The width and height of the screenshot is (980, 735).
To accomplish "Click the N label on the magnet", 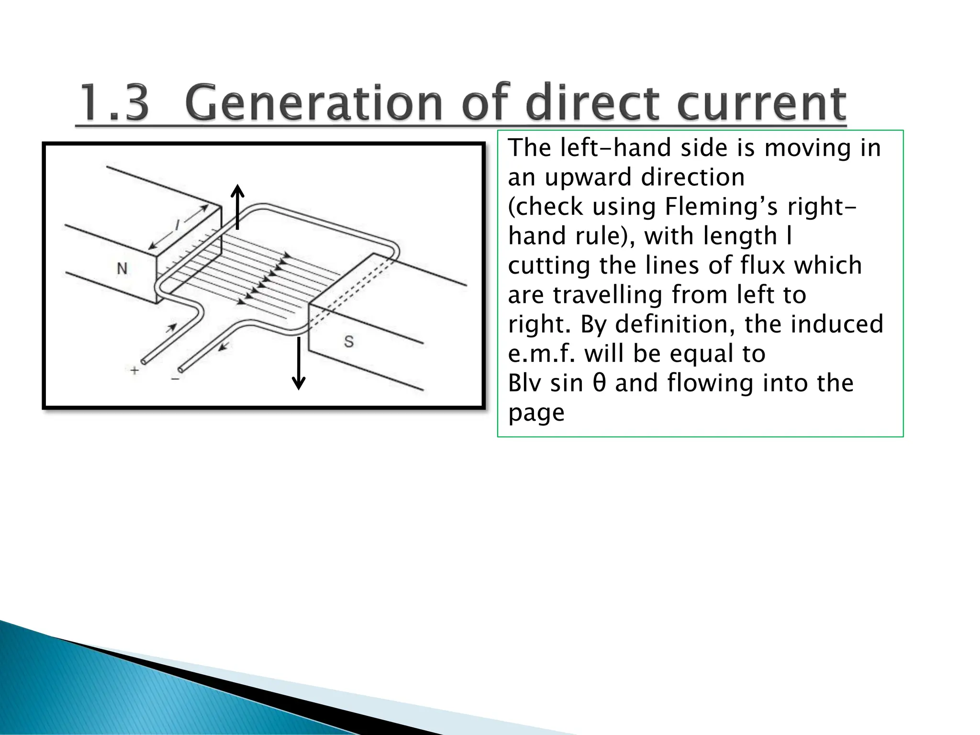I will (122, 268).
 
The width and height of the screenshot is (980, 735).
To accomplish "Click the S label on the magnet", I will (349, 342).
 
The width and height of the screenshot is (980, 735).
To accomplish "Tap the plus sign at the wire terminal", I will (134, 370).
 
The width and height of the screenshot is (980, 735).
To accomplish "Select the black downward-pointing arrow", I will (299, 363).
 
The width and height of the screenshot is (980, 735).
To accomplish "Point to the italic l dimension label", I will (178, 224).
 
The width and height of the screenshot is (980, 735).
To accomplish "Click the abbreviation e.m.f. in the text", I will (542, 354).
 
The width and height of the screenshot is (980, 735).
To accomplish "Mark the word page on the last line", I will (536, 413).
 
